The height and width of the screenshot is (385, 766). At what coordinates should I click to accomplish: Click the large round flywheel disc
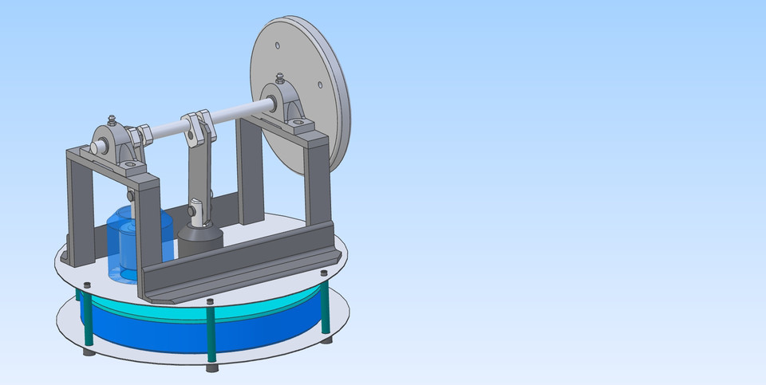(x=319, y=120)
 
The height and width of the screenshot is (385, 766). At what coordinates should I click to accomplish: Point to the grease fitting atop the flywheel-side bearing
(x=280, y=79)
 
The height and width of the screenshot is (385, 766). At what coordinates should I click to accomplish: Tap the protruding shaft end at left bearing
(x=95, y=148)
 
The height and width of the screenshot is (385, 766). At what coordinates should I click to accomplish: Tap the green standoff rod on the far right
(x=325, y=307)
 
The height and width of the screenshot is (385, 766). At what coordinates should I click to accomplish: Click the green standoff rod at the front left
(x=89, y=319)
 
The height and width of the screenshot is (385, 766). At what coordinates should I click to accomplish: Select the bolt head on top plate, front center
(x=209, y=302)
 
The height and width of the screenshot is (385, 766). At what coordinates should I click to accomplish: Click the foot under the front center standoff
(x=211, y=368)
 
